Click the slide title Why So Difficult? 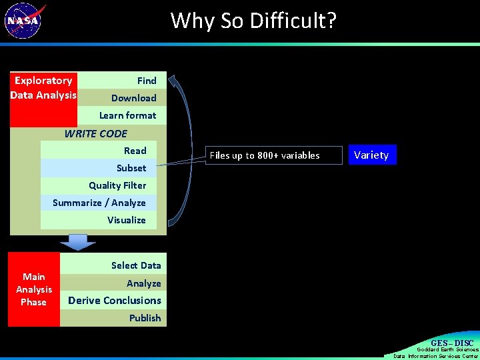(253, 21)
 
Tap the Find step (147, 81)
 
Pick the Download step (133, 98)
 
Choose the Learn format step (127, 115)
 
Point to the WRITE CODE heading (95, 133)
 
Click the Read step (135, 151)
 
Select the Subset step (131, 168)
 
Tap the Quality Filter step (117, 185)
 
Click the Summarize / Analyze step (99, 203)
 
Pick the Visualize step (126, 220)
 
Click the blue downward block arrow (78, 242)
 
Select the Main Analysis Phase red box (34, 289)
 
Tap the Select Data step (136, 265)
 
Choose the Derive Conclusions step (115, 301)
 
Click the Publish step (145, 318)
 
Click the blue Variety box (371, 155)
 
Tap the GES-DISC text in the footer (451, 343)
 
